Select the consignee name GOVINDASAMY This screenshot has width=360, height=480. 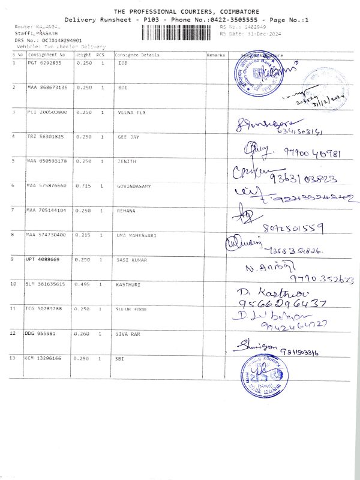tap(134, 186)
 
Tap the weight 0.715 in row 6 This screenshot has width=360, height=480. tap(83, 186)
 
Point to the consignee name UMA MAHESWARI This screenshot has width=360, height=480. tap(136, 235)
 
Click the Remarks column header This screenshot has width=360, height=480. tap(215, 55)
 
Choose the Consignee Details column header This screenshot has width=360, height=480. tap(137, 55)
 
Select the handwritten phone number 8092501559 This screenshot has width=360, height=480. tap(293, 228)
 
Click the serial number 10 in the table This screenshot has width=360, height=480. tap(14, 284)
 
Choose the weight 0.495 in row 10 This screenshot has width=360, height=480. tap(83, 284)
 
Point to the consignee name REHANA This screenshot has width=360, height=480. tap(127, 211)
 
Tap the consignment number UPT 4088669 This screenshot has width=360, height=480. tap(43, 259)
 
